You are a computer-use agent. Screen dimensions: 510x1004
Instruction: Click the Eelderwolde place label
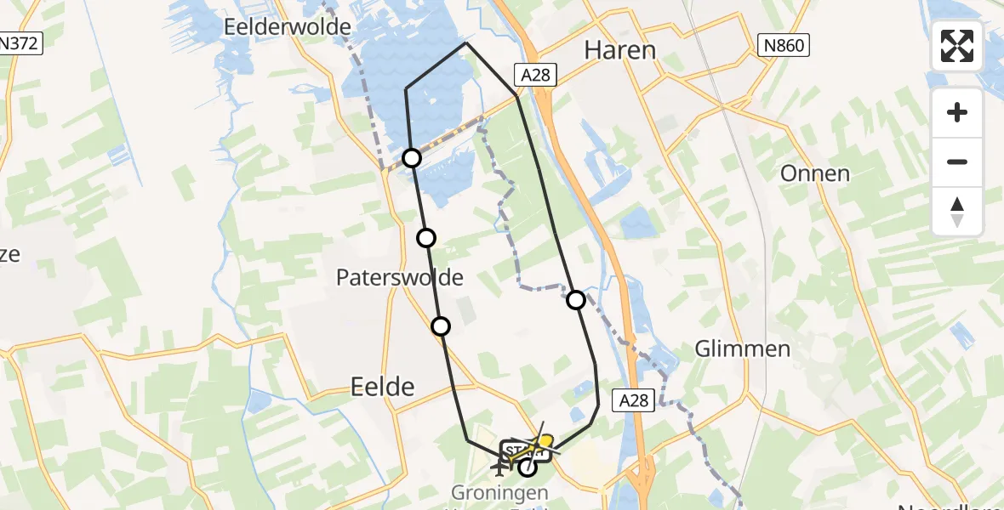(288, 27)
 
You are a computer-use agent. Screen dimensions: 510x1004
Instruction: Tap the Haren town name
(619, 50)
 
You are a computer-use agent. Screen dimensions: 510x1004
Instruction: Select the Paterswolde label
(399, 277)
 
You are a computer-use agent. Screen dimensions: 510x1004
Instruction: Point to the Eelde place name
(383, 388)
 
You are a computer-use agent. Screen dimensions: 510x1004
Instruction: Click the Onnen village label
(814, 173)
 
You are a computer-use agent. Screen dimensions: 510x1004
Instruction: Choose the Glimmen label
(742, 348)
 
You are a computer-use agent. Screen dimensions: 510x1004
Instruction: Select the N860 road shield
(784, 45)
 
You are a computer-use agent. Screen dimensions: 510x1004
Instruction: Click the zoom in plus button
(957, 113)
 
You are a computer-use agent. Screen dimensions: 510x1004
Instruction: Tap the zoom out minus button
(957, 161)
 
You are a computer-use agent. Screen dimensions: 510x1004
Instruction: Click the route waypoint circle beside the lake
(412, 158)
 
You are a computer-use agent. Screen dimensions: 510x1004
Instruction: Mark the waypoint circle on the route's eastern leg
(576, 299)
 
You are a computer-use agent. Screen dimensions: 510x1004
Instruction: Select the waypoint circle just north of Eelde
(441, 326)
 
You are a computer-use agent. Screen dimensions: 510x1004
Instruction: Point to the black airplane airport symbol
(499, 466)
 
